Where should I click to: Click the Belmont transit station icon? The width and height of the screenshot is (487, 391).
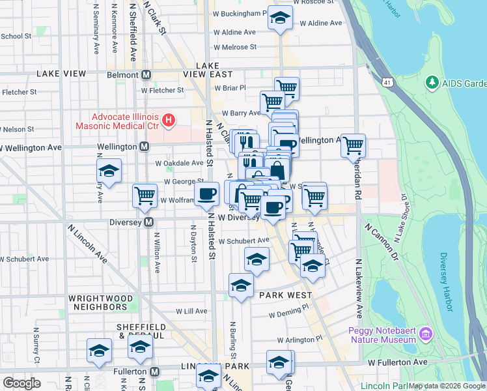coord(146,74)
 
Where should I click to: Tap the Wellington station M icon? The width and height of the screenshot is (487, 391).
coord(144,147)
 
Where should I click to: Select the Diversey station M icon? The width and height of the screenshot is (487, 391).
coord(149,222)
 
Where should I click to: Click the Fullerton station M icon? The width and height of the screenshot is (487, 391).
coord(154,371)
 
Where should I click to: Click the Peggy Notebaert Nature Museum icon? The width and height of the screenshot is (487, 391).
coord(426,334)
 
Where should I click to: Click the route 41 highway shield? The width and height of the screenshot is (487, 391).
coord(387,83)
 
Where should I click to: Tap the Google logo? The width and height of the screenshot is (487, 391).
coord(21,383)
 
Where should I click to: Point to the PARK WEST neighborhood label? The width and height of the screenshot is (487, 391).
coord(285,295)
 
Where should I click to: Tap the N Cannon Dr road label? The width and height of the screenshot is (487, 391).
coord(381,238)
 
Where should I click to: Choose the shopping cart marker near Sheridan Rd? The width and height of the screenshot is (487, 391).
coord(353,145)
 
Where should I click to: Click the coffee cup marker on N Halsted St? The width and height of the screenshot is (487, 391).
coord(207,194)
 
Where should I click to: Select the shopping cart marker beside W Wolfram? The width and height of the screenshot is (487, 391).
coord(144,195)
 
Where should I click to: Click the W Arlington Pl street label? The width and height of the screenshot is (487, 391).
coord(299,340)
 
